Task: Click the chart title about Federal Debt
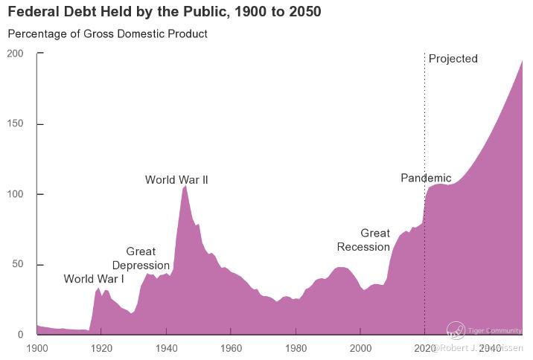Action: (165, 13)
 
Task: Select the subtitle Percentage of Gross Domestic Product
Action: (107, 33)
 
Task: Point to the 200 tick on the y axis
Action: (15, 54)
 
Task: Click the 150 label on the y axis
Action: (15, 124)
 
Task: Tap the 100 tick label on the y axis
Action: (15, 194)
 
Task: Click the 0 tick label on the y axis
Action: (20, 335)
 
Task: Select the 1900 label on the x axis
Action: (36, 348)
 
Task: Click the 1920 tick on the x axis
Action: (101, 348)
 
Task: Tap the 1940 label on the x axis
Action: (166, 348)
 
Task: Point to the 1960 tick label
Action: (231, 348)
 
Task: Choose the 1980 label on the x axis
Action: (296, 348)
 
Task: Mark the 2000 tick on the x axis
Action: (360, 348)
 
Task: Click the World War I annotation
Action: (94, 279)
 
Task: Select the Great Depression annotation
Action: (141, 259)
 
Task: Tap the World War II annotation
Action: (176, 180)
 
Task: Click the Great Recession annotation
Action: (364, 240)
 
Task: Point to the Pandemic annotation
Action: (426, 178)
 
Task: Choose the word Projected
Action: (453, 59)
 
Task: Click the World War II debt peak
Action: (185, 187)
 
